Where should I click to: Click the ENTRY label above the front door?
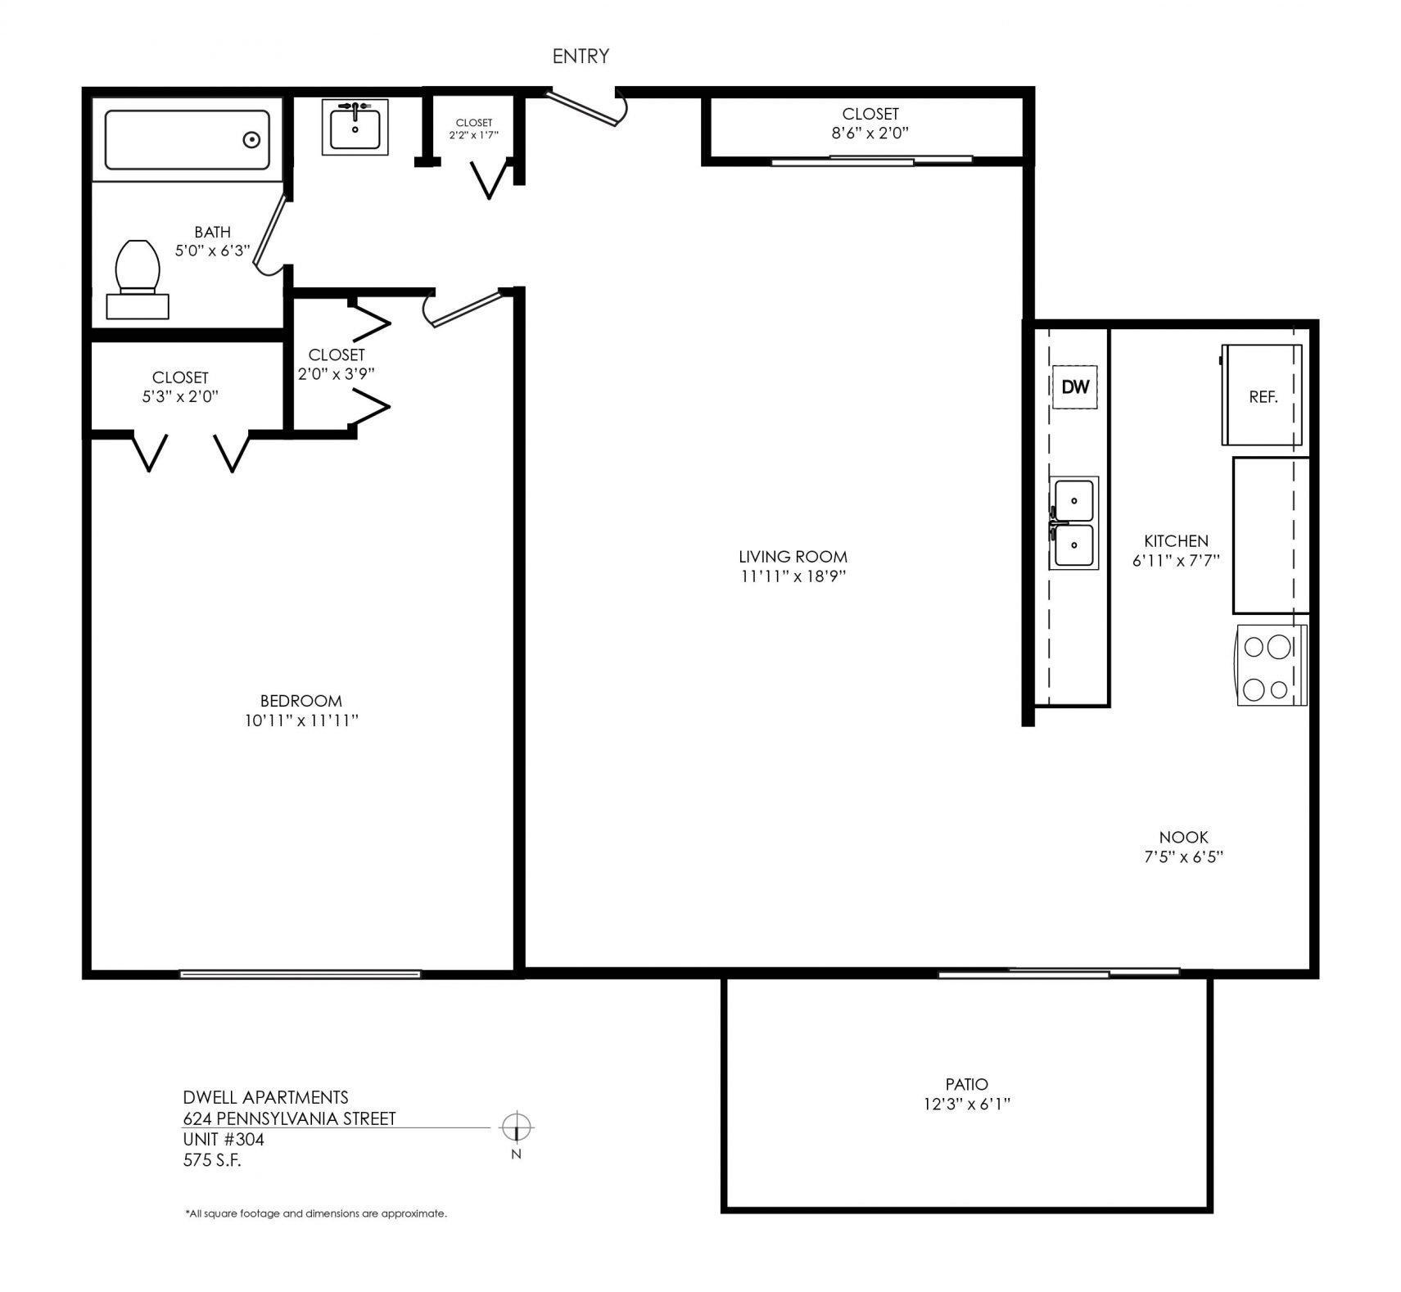coord(581,56)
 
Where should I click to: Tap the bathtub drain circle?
coord(252,140)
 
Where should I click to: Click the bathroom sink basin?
coord(355,128)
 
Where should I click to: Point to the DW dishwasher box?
coord(1074,386)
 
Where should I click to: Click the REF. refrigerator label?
coord(1263,398)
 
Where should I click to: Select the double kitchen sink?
coord(1073,523)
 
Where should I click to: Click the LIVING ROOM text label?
coord(793,557)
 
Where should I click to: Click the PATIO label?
coord(966,1084)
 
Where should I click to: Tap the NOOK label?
coord(1184,837)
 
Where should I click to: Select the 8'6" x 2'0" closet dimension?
coord(870,133)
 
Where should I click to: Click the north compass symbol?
coord(517,1128)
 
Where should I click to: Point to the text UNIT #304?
coord(224,1139)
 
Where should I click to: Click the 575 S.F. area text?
coord(212,1159)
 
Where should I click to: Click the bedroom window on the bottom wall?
coord(301,974)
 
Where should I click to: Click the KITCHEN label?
coord(1176,540)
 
